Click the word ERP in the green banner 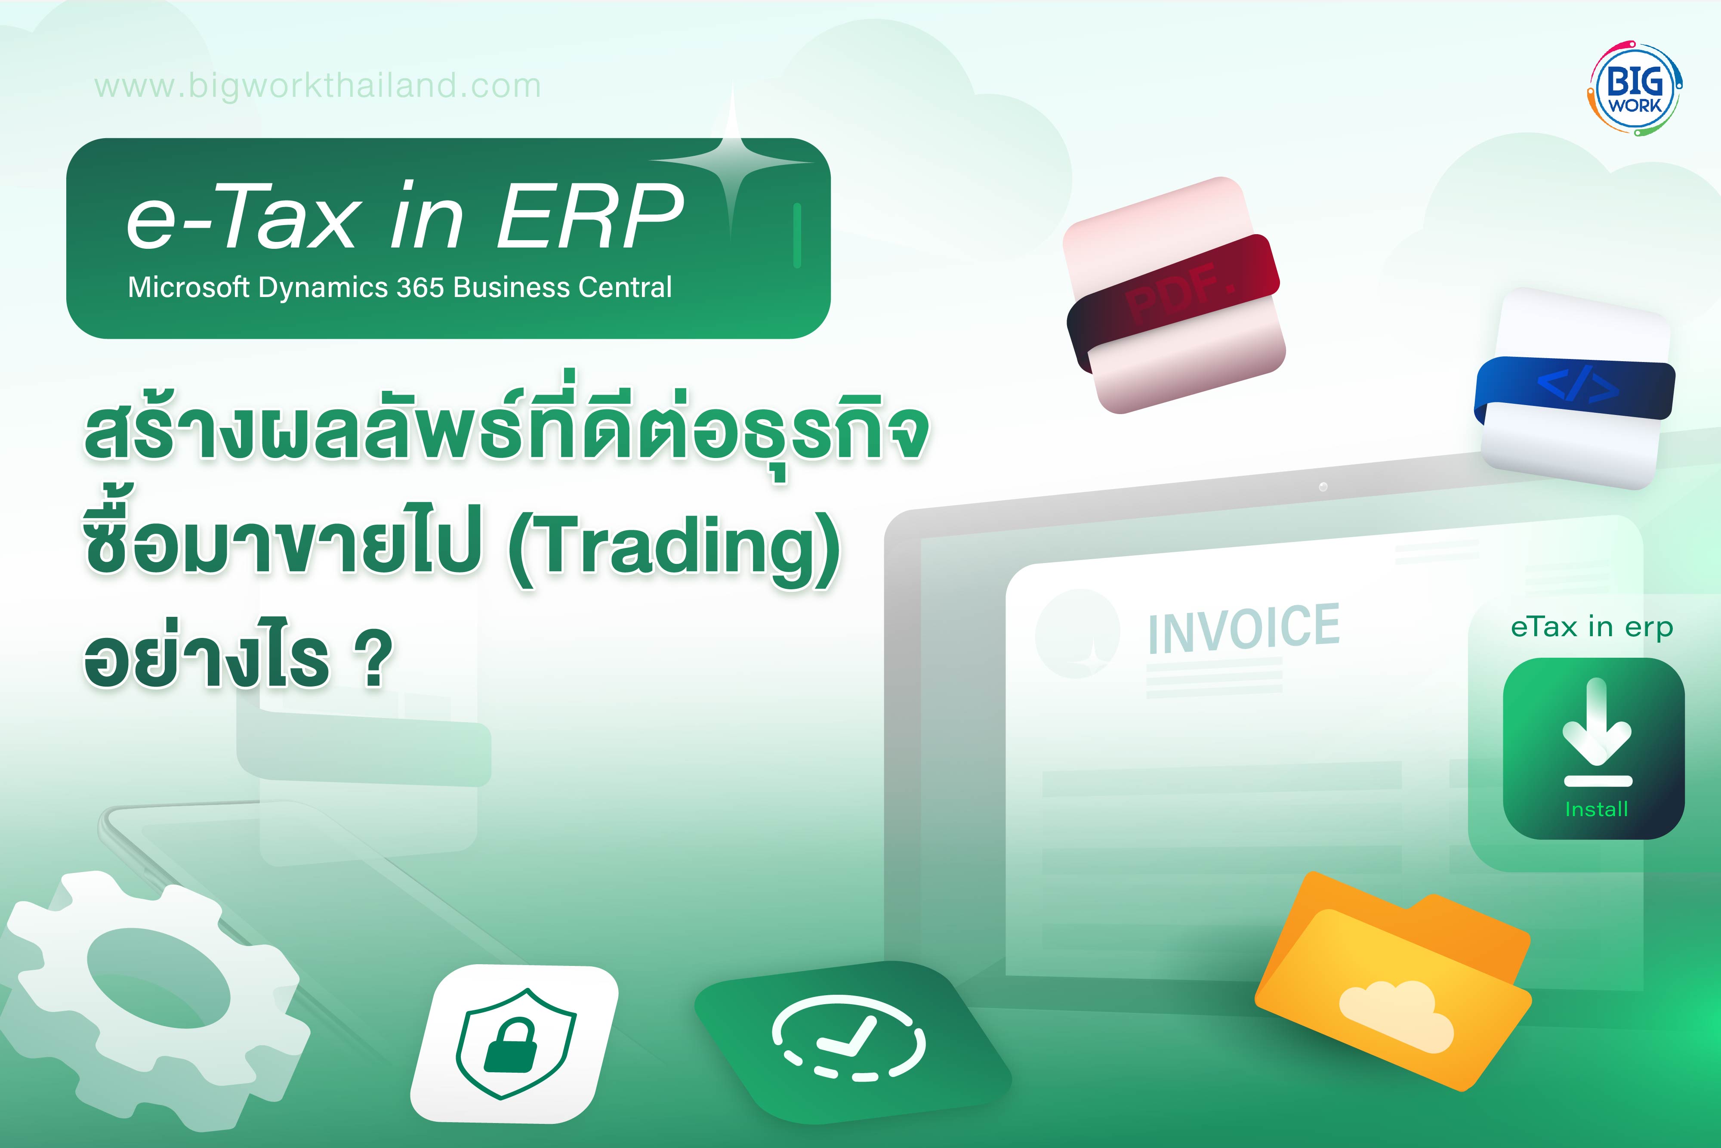(590, 217)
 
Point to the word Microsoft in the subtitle (189, 288)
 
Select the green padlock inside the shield (511, 1044)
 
